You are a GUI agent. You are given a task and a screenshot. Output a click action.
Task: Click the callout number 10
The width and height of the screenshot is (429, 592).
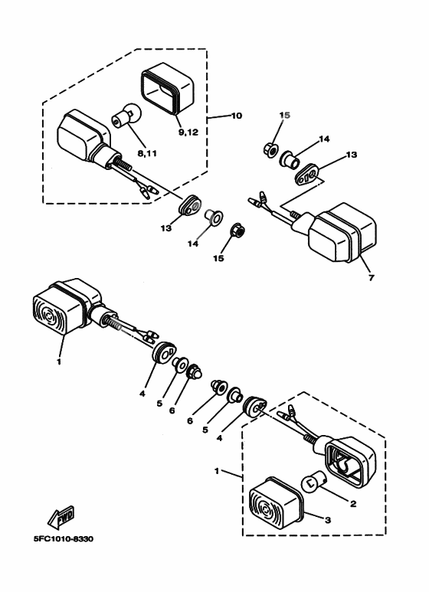click(x=235, y=116)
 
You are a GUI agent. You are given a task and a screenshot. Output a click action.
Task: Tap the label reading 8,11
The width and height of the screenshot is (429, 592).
click(x=146, y=153)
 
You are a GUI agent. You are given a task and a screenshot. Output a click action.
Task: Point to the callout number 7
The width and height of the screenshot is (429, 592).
click(x=371, y=278)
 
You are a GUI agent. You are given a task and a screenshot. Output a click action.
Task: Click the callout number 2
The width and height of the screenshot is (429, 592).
click(x=354, y=504)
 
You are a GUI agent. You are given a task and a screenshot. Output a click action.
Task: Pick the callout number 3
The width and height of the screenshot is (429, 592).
click(x=328, y=518)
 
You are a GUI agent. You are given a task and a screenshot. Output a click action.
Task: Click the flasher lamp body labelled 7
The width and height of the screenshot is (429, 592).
click(x=342, y=231)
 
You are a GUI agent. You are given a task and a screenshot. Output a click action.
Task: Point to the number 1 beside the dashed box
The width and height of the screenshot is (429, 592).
click(x=218, y=469)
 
